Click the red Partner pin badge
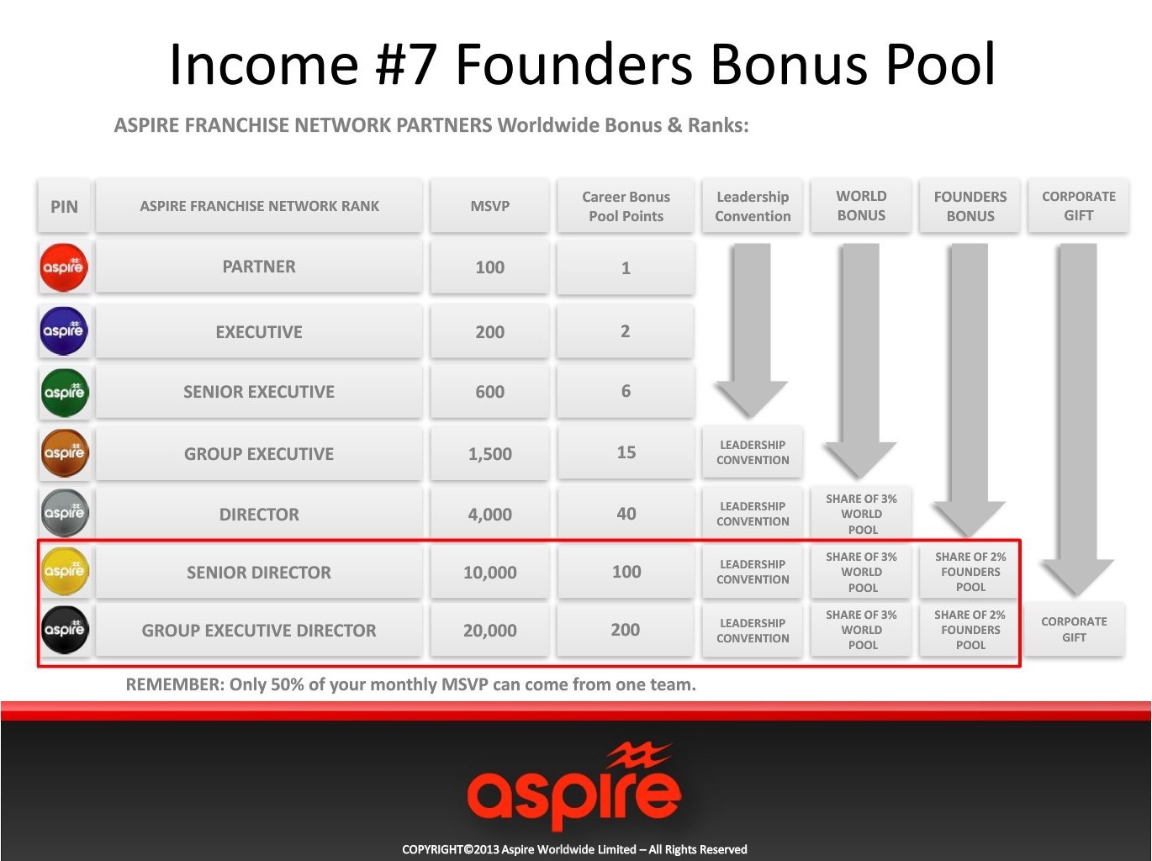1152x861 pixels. pos(64,267)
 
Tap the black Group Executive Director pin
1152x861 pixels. pos(65,630)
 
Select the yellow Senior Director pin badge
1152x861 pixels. pos(65,572)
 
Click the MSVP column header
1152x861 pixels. pos(489,206)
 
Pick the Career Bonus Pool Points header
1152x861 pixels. pos(626,206)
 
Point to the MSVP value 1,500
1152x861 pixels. pos(489,453)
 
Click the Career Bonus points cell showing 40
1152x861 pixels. pos(626,513)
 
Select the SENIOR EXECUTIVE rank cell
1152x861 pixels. pos(259,392)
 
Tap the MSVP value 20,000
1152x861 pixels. pos(489,630)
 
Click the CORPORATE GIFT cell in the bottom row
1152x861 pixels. pos(1074,629)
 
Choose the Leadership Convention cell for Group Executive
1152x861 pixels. pos(753,452)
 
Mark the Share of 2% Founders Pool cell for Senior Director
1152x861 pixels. pos(970,572)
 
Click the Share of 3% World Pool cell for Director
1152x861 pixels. pos(861,514)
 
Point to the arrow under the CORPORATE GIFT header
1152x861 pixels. pos(1077,420)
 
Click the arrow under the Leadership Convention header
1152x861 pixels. pos(752,330)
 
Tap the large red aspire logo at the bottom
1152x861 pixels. pos(573,785)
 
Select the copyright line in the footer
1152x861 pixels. pos(574,849)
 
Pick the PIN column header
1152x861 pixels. pos(64,206)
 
